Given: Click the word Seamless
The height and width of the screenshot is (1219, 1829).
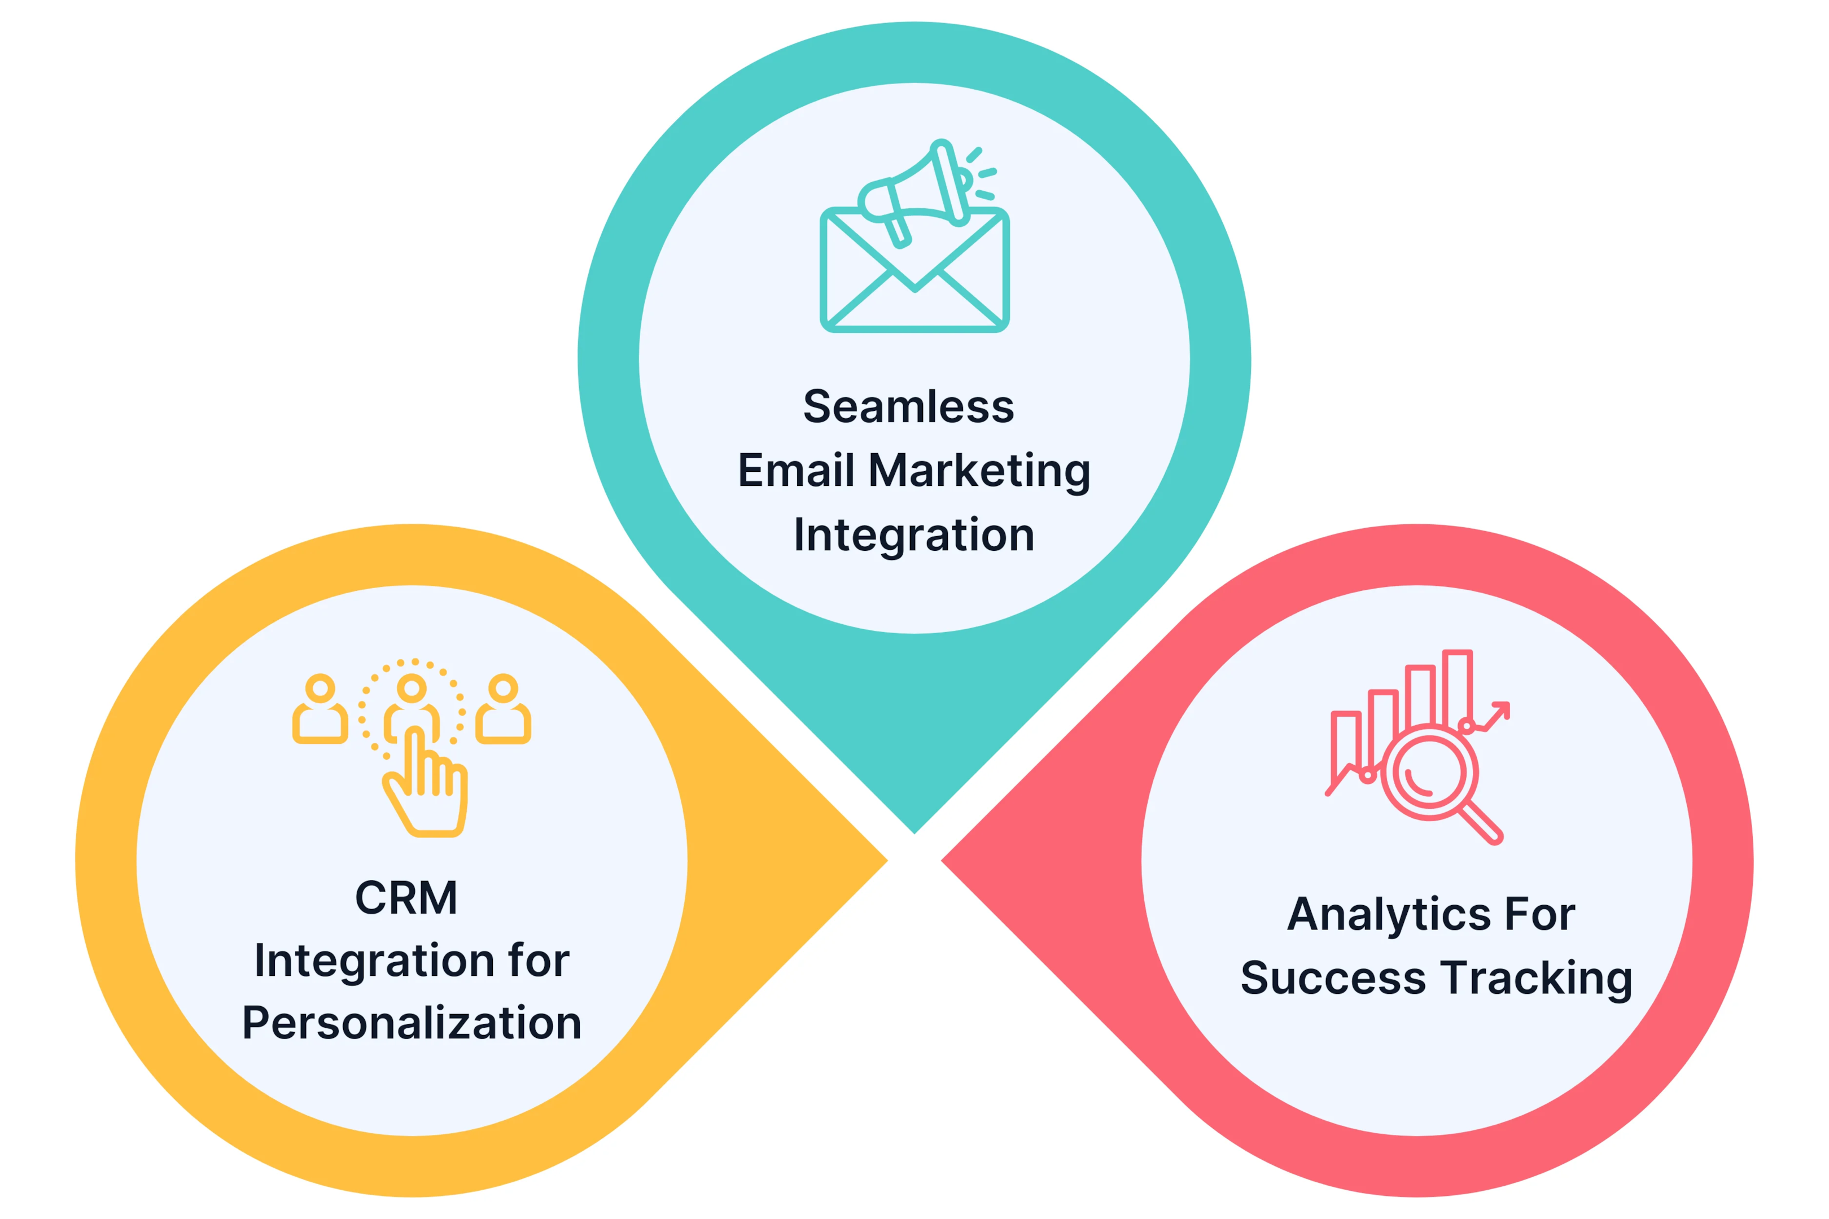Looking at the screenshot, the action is coord(908,406).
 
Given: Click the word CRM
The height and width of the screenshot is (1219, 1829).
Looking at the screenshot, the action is coord(406,898).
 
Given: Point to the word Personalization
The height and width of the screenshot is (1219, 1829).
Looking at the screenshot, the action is coord(412,1023).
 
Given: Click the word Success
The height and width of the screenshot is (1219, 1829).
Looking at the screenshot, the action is coord(1333,978).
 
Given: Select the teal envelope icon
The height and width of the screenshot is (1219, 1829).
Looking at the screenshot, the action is coord(915,270).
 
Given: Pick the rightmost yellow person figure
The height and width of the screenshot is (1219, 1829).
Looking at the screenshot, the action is coord(503,708).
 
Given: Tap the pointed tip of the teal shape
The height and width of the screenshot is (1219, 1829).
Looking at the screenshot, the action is coord(915,834).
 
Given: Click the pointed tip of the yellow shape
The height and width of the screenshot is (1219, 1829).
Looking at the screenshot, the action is coord(887,861).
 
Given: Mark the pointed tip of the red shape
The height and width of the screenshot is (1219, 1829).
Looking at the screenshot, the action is coord(942,861).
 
